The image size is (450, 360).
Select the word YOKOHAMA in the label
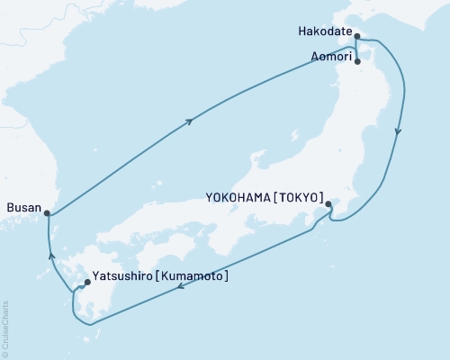click(237, 195)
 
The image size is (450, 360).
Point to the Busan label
click(23, 208)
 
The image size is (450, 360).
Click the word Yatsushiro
click(124, 275)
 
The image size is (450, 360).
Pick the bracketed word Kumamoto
click(193, 275)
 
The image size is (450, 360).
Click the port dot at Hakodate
click(357, 37)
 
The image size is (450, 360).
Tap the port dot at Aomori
click(358, 62)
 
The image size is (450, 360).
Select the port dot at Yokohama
click(328, 204)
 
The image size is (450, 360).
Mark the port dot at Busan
click(48, 213)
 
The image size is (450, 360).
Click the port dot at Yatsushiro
click(86, 283)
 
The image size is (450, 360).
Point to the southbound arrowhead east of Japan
click(398, 132)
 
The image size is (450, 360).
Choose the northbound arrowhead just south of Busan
click(52, 257)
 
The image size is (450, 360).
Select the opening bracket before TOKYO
click(274, 195)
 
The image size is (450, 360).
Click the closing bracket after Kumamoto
click(226, 275)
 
